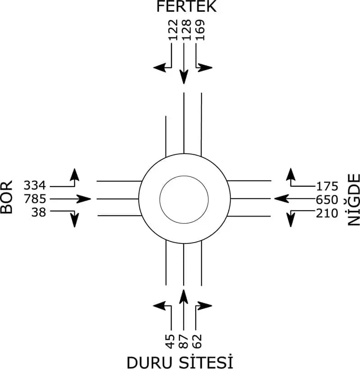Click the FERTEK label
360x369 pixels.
click(186, 6)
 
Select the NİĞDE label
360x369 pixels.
click(354, 200)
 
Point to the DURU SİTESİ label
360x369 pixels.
click(180, 362)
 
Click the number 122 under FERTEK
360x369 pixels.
click(173, 30)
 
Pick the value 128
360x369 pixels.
click(186, 30)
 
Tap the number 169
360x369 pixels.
click(200, 30)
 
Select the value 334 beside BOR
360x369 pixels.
click(35, 185)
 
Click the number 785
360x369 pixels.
click(35, 199)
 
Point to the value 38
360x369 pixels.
click(39, 212)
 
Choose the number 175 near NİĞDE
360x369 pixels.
click(327, 186)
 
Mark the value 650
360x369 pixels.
click(327, 200)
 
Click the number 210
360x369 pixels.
click(327, 213)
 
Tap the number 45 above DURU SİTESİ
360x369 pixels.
click(171, 341)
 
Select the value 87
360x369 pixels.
click(184, 341)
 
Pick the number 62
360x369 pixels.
click(197, 341)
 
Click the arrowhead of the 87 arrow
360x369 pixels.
click(184, 297)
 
